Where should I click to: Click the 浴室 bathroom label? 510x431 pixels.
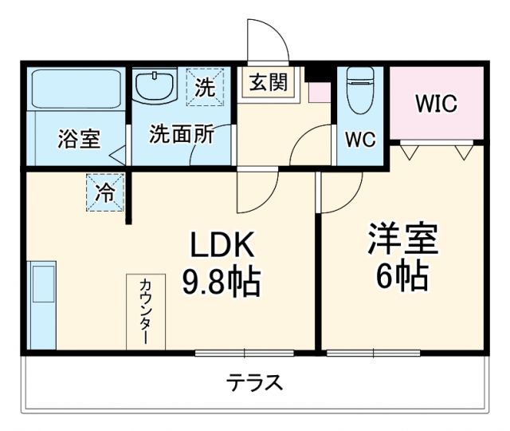tap(78, 139)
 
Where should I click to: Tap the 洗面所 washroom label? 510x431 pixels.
tap(182, 134)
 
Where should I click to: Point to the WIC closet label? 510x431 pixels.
tap(436, 104)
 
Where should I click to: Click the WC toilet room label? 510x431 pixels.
tap(359, 139)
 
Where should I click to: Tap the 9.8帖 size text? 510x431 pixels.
tap(222, 281)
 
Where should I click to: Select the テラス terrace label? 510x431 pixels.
tap(254, 382)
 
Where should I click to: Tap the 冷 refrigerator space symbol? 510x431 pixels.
tap(105, 192)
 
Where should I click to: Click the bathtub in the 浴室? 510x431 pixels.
tap(76, 89)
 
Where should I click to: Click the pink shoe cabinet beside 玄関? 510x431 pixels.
tap(320, 91)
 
